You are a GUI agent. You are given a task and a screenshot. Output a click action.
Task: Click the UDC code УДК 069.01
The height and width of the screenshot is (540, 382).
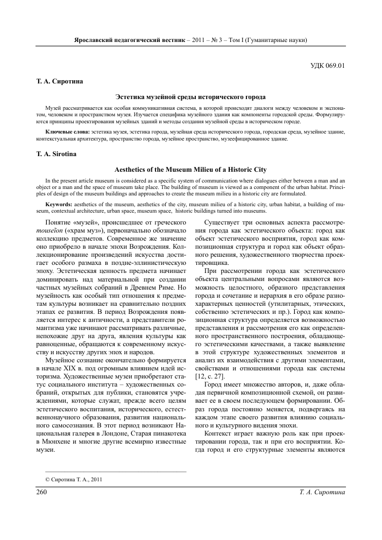(327, 67)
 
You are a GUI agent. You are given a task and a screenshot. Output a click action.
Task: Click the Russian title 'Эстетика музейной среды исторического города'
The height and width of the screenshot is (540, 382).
(191, 97)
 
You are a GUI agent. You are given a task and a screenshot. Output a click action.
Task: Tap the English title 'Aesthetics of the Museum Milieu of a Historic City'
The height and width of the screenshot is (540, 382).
(191, 170)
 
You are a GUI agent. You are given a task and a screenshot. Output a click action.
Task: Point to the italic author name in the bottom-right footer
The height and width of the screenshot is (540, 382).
(321, 492)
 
